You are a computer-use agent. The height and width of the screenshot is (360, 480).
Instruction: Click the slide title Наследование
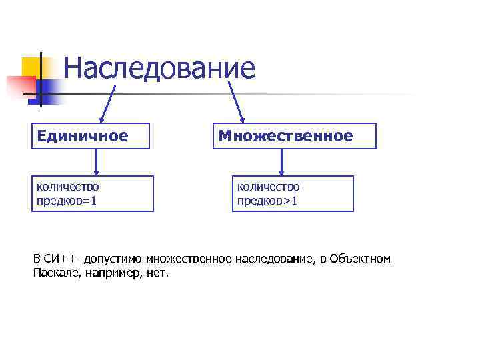(x=160, y=68)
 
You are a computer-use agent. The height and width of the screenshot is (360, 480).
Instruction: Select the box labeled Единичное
(x=91, y=136)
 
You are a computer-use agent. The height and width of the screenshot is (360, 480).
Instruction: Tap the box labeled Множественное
(x=294, y=136)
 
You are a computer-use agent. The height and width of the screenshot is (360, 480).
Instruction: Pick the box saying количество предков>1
(x=293, y=193)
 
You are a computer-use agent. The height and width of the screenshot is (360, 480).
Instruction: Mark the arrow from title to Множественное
(x=236, y=102)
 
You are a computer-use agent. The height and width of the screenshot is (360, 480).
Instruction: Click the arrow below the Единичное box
(x=98, y=162)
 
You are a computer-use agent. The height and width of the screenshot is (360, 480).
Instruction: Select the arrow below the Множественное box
(x=281, y=162)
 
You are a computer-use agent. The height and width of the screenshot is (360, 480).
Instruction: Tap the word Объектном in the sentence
(x=360, y=259)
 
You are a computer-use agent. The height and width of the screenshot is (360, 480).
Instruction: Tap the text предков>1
(x=267, y=200)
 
